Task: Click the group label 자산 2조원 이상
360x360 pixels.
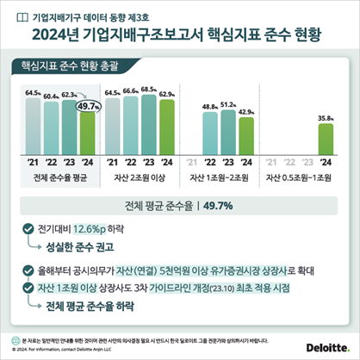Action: click(x=139, y=178)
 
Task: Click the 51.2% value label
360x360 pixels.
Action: click(x=228, y=104)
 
